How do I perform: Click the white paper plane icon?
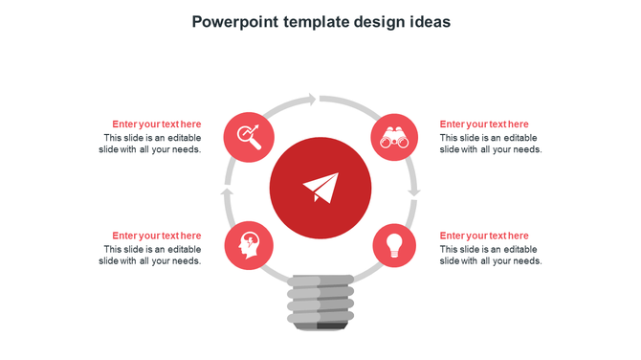[x=320, y=188]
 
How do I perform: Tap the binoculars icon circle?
[x=395, y=137]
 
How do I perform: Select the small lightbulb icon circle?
[x=393, y=244]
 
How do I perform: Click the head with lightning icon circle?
[x=248, y=245]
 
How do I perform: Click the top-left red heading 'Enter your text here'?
[x=156, y=124]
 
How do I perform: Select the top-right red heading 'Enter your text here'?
[x=484, y=124]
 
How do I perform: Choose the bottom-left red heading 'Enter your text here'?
[x=156, y=236]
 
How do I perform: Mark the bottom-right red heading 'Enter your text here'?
[x=484, y=236]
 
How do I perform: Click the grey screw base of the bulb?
[x=321, y=299]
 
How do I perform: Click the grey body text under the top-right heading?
[x=491, y=144]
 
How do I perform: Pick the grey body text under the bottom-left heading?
[x=150, y=256]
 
